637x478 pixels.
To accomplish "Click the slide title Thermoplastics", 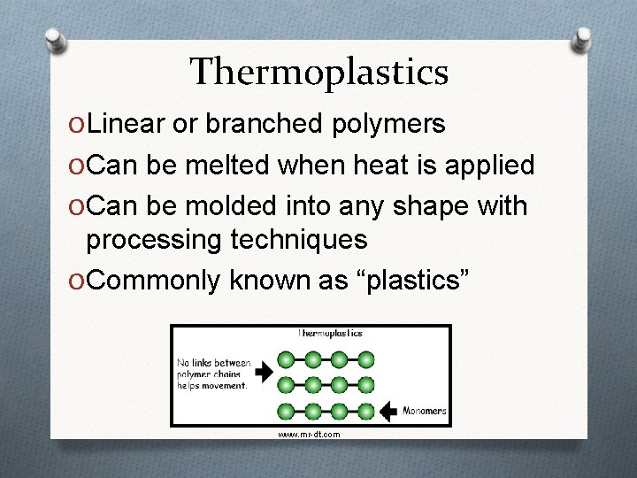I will tap(318, 72).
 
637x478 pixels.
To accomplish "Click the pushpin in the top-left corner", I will tap(55, 40).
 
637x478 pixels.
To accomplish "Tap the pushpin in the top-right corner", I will tap(583, 39).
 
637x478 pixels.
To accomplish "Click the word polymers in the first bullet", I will tap(389, 124).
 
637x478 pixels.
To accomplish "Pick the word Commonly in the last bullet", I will tap(155, 280).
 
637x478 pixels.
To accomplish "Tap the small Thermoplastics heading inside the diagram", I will tap(330, 334).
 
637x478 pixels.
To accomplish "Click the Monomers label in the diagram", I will tap(425, 411).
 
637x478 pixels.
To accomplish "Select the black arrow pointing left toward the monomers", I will tap(388, 411).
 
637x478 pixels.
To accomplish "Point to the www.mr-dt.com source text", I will tap(308, 435).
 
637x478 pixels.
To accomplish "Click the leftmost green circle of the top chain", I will tap(286, 359).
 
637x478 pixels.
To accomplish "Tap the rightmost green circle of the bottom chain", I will tap(365, 410).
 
